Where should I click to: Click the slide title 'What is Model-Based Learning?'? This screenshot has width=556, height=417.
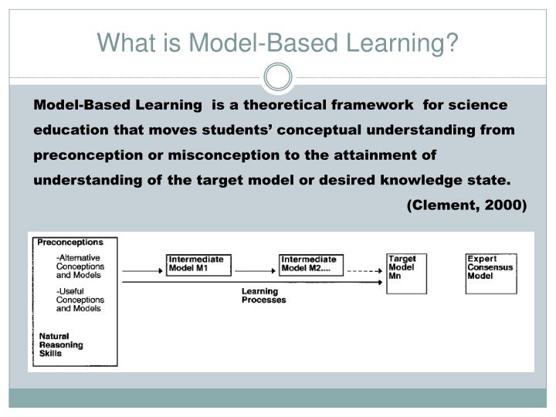click(x=277, y=43)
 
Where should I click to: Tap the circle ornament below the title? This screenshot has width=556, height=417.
click(x=278, y=77)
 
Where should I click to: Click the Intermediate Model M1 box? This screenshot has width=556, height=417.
click(x=198, y=264)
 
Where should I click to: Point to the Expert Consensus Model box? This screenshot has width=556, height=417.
click(x=490, y=273)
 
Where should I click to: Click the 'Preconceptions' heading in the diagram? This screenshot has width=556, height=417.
click(x=70, y=242)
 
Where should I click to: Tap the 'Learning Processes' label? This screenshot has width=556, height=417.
click(x=263, y=296)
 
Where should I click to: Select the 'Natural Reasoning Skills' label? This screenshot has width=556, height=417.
click(x=61, y=344)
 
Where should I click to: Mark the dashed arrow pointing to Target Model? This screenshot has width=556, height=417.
click(x=364, y=271)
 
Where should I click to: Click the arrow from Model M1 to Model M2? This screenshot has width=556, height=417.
click(x=256, y=271)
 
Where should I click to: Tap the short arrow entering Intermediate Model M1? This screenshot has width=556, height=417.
click(x=144, y=271)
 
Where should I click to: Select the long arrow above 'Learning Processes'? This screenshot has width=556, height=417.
click(x=255, y=283)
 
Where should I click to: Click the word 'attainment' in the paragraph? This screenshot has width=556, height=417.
click(x=381, y=155)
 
